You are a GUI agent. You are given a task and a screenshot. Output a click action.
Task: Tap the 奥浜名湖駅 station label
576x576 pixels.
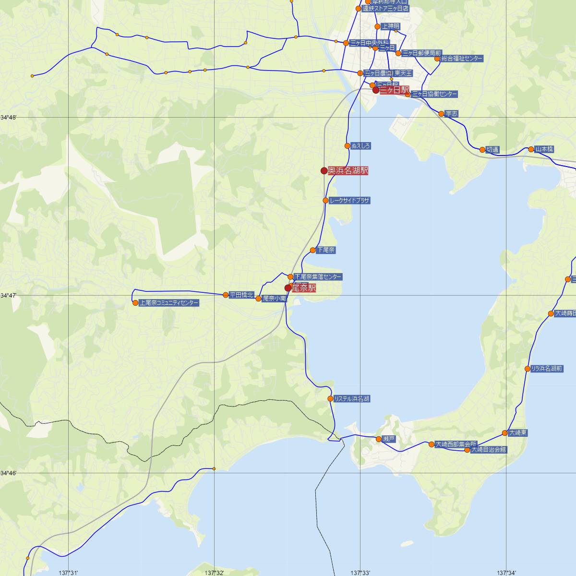pos(348,170)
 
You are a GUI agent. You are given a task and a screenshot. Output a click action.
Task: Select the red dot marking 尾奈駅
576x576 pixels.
pos(288,288)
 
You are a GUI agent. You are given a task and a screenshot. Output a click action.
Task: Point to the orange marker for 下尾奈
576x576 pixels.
pos(313,250)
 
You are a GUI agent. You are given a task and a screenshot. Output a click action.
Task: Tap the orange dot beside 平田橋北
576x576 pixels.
pos(226,295)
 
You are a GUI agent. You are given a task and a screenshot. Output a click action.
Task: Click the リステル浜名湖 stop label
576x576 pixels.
pos(352,399)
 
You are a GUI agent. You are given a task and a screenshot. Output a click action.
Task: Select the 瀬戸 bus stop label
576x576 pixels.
pos(389,439)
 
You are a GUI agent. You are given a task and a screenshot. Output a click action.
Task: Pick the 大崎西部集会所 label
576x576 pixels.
pos(456,444)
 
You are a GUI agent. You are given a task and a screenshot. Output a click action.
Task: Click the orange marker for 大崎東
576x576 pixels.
pos(504,433)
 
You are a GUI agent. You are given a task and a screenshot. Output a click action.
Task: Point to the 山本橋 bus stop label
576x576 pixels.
pos(544,149)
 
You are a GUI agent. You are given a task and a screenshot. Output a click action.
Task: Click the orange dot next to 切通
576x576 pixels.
pos(482,150)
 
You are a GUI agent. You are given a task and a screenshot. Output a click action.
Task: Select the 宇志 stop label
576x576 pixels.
pos(452,114)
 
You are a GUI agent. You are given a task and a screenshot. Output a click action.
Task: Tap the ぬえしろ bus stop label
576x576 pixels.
pos(361,145)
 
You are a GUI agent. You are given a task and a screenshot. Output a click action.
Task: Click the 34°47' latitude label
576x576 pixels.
pos(8,296)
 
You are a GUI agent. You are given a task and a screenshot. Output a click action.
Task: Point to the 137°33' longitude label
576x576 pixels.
pos(361,573)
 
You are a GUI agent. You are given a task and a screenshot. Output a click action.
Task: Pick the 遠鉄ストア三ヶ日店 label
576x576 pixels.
pos(385,9)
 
